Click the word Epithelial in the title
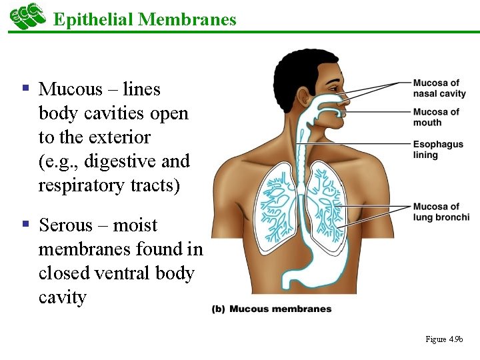93,19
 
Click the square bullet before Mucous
26,87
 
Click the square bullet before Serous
26,223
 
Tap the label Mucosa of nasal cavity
439,88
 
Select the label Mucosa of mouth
436,117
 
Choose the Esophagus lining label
438,149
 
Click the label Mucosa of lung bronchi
441,211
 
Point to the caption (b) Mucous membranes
271,309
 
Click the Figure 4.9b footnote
444,339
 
